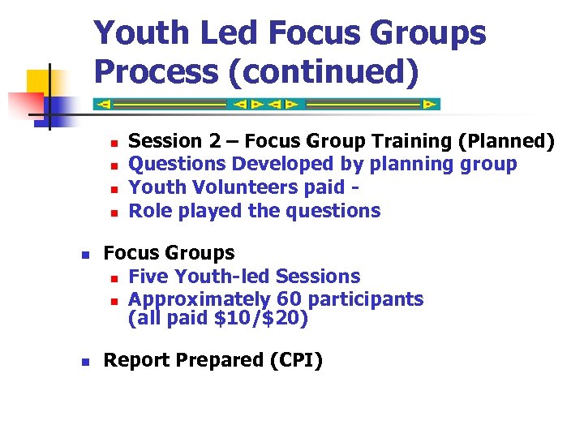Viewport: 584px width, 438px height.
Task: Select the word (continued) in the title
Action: point(324,71)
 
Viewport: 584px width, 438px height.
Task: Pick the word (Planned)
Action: point(506,141)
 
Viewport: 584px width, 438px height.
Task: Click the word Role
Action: point(148,212)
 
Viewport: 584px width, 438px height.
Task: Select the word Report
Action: point(135,360)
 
